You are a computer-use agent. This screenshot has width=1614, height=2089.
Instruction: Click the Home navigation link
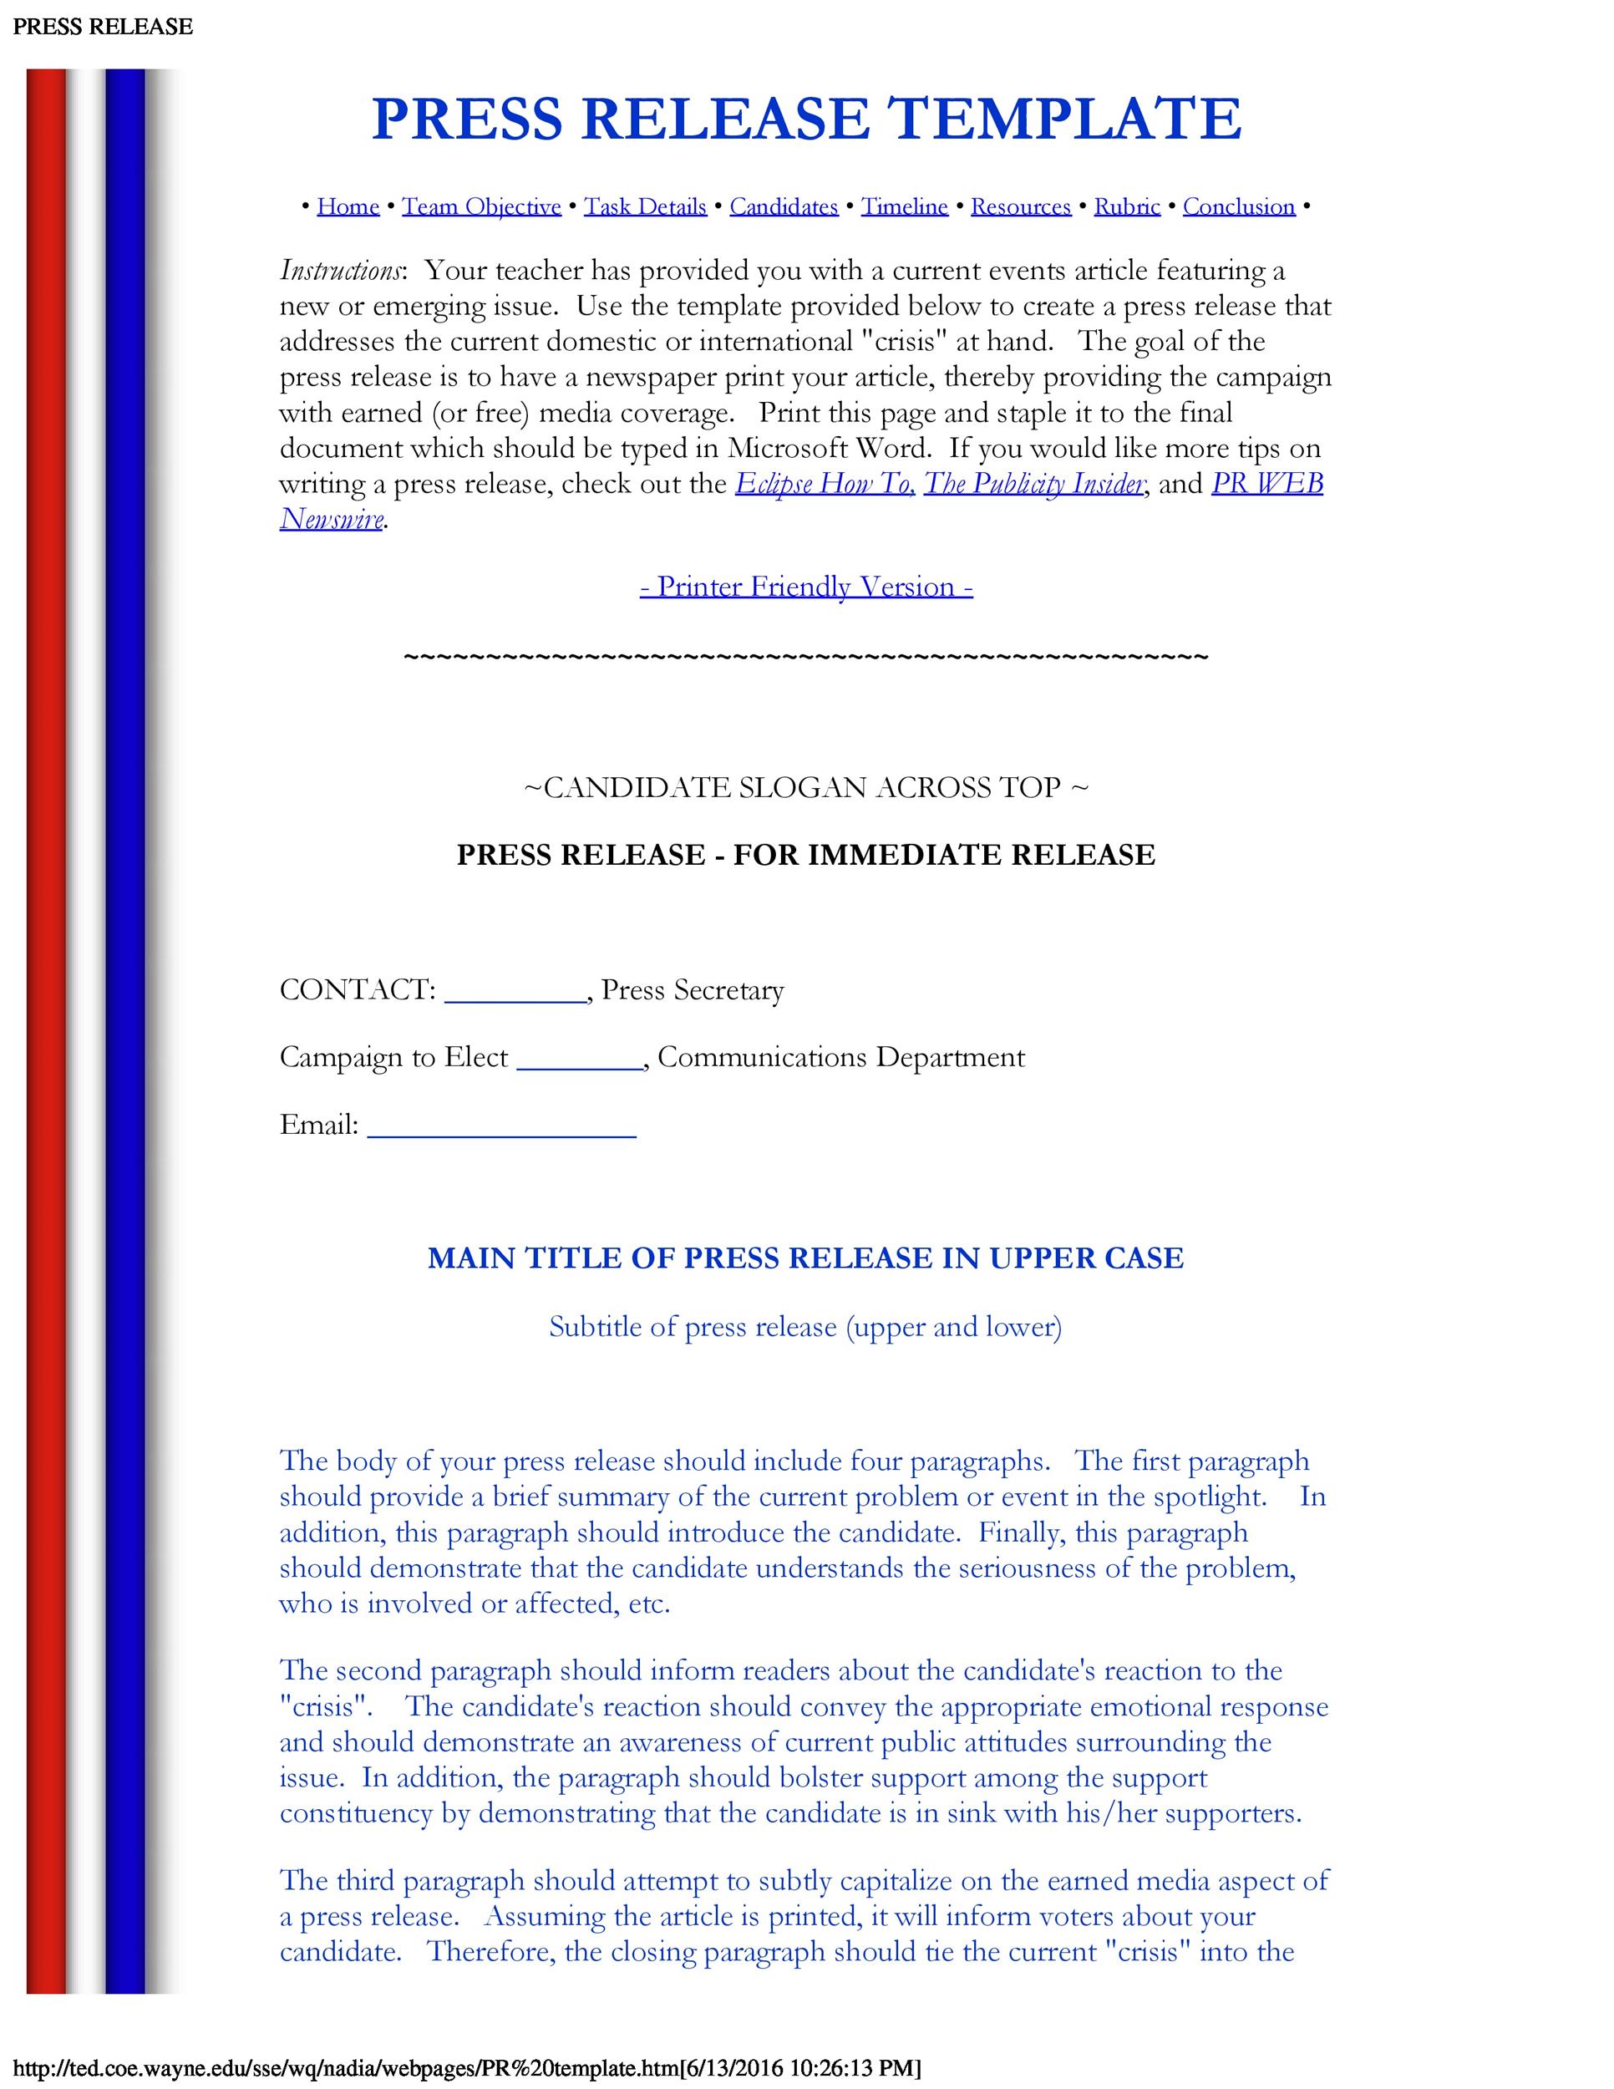tap(348, 206)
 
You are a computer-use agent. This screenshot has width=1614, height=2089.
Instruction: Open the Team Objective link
tap(481, 206)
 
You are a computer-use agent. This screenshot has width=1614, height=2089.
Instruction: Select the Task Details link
tap(646, 206)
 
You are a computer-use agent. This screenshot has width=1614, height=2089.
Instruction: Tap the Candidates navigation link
tap(783, 206)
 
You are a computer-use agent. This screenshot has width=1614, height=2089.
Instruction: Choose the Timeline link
tap(904, 206)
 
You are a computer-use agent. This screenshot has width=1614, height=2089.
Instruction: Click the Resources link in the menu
tap(1020, 206)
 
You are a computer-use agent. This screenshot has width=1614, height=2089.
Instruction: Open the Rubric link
tap(1126, 206)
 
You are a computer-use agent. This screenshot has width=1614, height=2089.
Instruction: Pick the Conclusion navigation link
tap(1238, 206)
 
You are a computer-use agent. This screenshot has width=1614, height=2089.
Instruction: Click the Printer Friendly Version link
tap(806, 587)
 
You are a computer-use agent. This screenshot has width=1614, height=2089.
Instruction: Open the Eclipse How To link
tap(825, 484)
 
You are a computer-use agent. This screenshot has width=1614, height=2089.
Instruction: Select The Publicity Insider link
tap(1033, 484)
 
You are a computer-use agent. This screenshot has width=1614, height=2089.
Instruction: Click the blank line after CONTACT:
tap(515, 994)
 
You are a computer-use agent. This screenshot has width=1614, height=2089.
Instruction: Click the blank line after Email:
tap(501, 1130)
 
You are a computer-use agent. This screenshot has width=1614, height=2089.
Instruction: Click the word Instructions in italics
tap(340, 271)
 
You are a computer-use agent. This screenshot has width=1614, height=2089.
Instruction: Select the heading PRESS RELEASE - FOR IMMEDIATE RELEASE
tap(805, 854)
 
